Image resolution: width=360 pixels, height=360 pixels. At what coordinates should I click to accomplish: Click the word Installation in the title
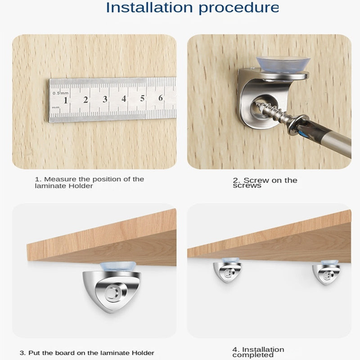click(149, 8)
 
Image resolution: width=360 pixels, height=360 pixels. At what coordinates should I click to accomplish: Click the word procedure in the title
click(239, 9)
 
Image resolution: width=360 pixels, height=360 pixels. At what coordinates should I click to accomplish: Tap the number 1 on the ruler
click(66, 100)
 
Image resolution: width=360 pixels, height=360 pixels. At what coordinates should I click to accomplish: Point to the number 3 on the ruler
click(105, 99)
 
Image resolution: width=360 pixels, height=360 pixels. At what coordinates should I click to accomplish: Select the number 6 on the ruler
click(161, 98)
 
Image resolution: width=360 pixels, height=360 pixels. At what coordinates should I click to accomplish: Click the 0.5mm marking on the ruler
click(60, 93)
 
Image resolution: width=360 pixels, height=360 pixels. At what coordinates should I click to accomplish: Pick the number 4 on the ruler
click(124, 99)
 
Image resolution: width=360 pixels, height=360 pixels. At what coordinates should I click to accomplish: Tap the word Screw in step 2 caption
click(255, 180)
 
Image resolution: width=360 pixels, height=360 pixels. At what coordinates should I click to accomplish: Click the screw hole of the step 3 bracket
click(112, 293)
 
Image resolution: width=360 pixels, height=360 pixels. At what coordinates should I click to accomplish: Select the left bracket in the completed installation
click(227, 270)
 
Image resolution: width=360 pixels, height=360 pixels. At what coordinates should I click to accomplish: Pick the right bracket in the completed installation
click(326, 273)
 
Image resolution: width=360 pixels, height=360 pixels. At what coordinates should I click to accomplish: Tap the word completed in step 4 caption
click(252, 355)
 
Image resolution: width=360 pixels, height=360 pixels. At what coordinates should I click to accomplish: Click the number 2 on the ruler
click(85, 99)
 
